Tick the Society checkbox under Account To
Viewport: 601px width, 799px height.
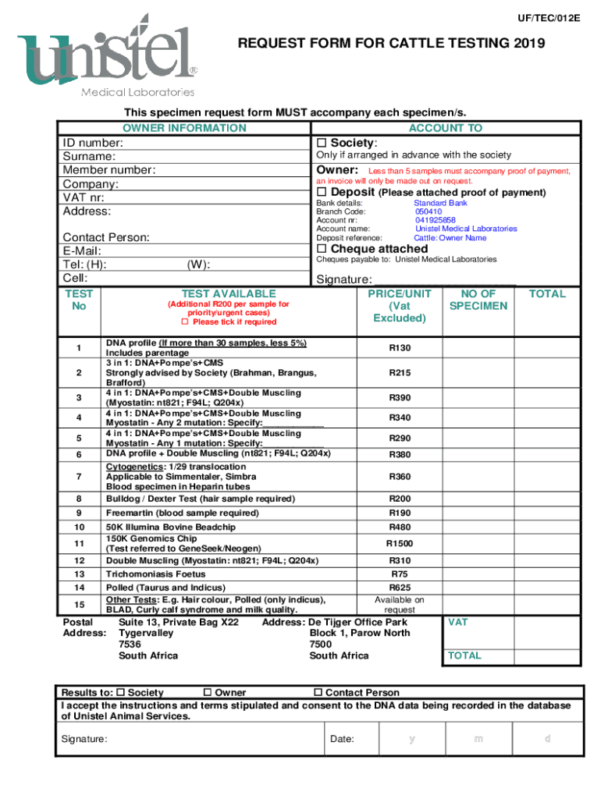pos(322,143)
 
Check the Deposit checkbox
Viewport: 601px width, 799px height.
pos(322,193)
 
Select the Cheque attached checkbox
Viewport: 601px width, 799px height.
pos(322,249)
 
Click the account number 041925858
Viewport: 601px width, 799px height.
pos(435,220)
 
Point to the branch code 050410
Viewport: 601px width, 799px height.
pos(429,211)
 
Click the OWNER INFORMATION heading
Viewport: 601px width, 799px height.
pos(184,128)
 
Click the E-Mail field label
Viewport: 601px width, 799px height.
pos(82,251)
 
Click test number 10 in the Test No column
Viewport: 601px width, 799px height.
pos(79,527)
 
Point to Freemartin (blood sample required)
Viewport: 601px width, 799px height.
pos(182,513)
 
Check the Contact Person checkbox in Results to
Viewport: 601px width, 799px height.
pos(318,693)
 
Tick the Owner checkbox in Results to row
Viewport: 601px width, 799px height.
pos(207,693)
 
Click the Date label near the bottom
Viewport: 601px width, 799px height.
pos(342,739)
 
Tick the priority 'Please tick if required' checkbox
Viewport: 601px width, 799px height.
pos(185,322)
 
